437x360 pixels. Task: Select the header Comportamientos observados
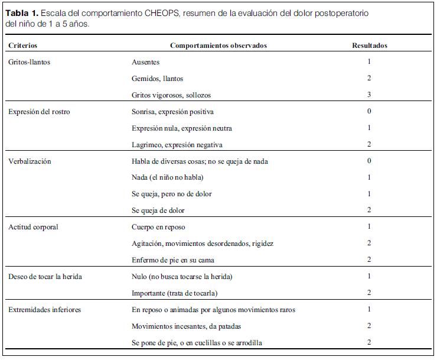pos(218,46)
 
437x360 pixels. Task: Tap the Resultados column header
pos(370,46)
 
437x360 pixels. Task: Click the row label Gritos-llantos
pos(29,62)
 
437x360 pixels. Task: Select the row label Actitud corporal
pos(33,227)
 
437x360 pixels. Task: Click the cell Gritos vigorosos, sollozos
pos(171,95)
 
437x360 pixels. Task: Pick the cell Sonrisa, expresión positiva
pos(172,112)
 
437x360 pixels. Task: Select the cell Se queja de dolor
pos(158,210)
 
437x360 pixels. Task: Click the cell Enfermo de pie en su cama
pos(172,260)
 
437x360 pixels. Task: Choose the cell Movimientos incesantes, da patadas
pos(186,326)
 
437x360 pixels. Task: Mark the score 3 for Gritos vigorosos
pos(369,95)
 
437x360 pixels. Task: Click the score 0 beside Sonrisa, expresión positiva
pos(369,112)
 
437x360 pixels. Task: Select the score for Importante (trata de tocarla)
pos(369,293)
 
